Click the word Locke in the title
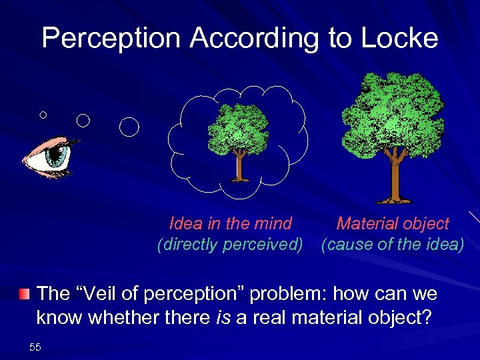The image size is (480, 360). coord(402,38)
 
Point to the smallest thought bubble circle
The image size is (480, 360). coord(43,115)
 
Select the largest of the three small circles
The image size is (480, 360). coord(129,126)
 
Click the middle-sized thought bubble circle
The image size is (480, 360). coord(83,120)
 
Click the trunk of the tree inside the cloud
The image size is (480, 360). coord(238,166)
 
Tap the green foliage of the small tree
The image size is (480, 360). coord(238,129)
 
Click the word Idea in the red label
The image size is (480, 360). coord(185,223)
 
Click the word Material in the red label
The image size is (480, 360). coord(367,223)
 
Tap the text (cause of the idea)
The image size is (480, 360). coord(392,245)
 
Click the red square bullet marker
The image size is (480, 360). coord(24,293)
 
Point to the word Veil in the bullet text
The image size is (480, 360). coord(109,293)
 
